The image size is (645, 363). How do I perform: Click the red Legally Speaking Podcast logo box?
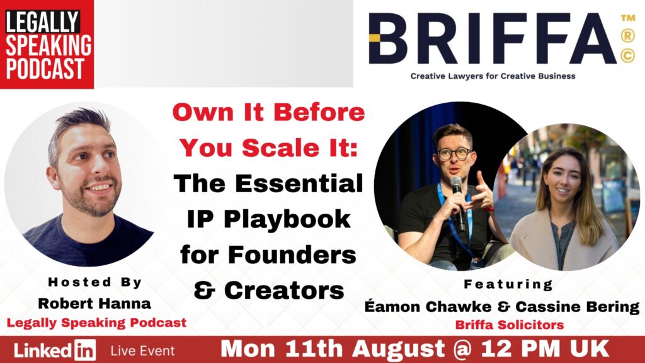47,44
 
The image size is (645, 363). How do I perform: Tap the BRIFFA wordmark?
492,38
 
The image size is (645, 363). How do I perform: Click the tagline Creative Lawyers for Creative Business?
493,76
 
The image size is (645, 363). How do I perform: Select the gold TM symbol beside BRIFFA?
628,18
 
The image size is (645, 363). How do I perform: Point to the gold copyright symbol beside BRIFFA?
628,55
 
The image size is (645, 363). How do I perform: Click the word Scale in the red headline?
280,147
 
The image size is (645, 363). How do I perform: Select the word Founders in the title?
292,255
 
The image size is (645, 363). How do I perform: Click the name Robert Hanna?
94,303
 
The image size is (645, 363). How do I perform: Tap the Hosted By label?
94,282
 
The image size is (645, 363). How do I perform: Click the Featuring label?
508,284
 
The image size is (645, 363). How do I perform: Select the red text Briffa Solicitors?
509,325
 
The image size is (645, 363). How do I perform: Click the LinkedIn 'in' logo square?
85,350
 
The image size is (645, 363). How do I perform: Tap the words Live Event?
142,350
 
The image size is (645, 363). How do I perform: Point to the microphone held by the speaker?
457,202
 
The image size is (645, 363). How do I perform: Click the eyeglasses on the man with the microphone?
455,154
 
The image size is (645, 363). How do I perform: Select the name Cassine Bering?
578,307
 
